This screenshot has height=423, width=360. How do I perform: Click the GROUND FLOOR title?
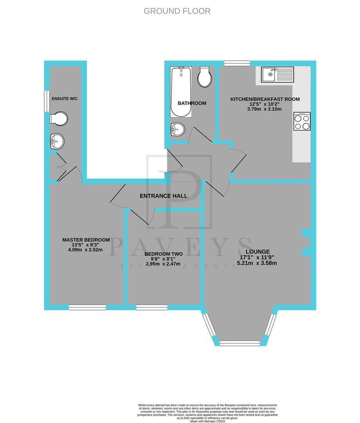pyautogui.click(x=177, y=11)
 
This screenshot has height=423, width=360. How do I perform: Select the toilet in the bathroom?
pyautogui.click(x=204, y=77)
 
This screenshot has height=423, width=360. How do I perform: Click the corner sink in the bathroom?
pyautogui.click(x=177, y=129)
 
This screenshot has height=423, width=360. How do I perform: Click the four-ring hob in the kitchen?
pyautogui.click(x=302, y=121)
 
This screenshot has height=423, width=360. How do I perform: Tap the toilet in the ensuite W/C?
pyautogui.click(x=59, y=118)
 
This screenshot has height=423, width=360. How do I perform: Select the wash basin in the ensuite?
pyautogui.click(x=57, y=141)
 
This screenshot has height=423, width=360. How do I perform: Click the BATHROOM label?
pyautogui.click(x=192, y=103)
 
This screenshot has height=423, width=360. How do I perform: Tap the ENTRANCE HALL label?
pyautogui.click(x=163, y=196)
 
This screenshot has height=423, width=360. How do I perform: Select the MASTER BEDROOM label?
pyautogui.click(x=86, y=240)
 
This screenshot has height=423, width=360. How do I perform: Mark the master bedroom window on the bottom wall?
pyautogui.click(x=87, y=308)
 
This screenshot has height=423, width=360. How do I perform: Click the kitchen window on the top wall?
pyautogui.click(x=237, y=63)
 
